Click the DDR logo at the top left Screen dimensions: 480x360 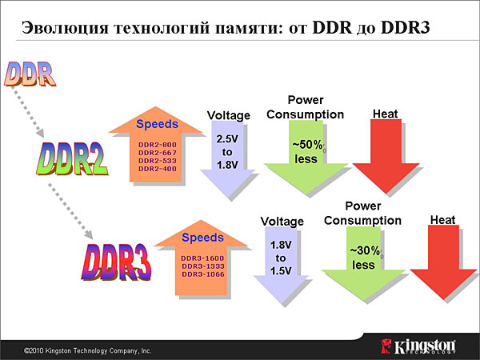30,74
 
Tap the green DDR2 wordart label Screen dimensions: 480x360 72,158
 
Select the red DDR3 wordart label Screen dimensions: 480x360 116,262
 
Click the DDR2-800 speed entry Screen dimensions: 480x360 158,145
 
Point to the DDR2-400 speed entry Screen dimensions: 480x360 158,169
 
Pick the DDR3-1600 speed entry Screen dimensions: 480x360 202,258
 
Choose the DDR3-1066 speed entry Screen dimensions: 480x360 203,274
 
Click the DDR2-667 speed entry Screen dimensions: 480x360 158,153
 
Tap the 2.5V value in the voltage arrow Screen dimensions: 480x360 227,139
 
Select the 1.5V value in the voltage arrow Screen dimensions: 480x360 281,271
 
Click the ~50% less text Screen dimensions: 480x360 307,152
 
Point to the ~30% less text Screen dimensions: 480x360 365,258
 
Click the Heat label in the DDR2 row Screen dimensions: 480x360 385,114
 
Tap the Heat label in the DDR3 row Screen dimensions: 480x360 442,220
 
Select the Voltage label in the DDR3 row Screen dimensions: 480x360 282,222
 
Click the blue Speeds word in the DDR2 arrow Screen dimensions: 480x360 157,124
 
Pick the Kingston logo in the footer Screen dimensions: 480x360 418,346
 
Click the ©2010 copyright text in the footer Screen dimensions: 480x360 87,351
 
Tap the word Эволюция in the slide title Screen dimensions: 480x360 66,28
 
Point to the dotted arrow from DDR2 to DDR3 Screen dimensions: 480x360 70,210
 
